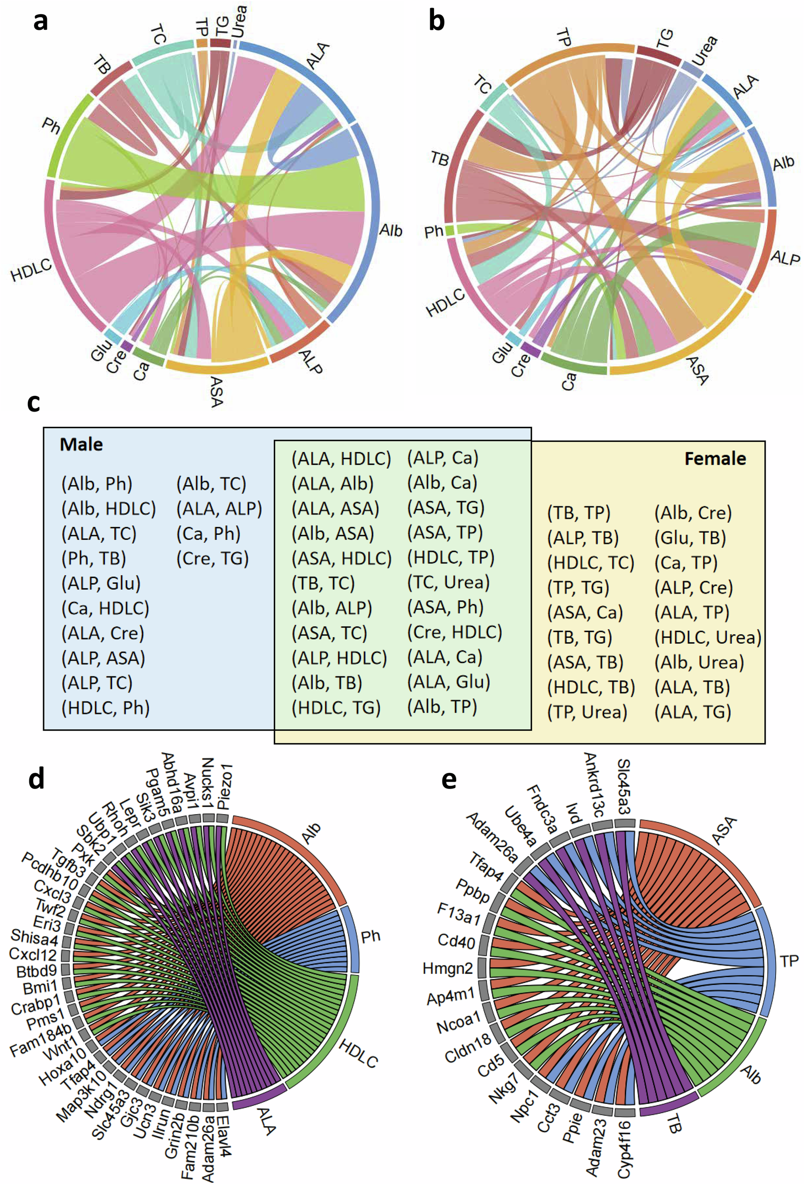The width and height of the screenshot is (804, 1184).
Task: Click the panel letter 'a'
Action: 40,21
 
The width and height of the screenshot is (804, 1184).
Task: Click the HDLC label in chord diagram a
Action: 31,269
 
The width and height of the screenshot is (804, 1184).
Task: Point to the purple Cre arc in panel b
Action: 531,350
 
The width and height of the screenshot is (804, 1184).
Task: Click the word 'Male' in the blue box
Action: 81,445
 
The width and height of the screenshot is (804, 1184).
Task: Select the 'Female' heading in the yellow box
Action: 715,458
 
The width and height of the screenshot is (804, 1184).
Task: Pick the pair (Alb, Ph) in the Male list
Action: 97,484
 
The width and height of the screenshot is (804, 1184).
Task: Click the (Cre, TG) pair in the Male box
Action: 212,558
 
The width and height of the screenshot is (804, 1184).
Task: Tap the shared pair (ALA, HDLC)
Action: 341,458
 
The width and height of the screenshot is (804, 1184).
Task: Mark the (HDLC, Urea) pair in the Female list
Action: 708,637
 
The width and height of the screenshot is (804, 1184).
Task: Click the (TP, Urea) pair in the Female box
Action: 587,712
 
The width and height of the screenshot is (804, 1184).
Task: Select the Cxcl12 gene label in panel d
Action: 33,954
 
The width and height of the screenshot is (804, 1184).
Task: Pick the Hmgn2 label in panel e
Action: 448,968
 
